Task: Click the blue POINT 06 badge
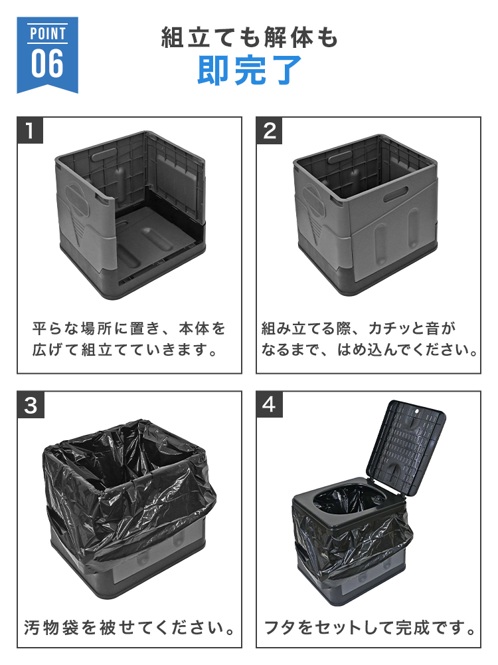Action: click(47, 55)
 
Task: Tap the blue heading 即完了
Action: click(250, 70)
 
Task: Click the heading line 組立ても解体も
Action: click(250, 37)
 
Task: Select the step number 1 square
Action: click(30, 130)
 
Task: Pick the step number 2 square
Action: click(270, 130)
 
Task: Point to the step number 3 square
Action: click(31, 405)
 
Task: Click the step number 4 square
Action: click(270, 404)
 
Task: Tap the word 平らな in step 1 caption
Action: click(54, 329)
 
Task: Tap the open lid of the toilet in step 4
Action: click(406, 447)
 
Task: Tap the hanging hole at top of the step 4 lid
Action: click(417, 410)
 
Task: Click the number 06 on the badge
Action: click(47, 64)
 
